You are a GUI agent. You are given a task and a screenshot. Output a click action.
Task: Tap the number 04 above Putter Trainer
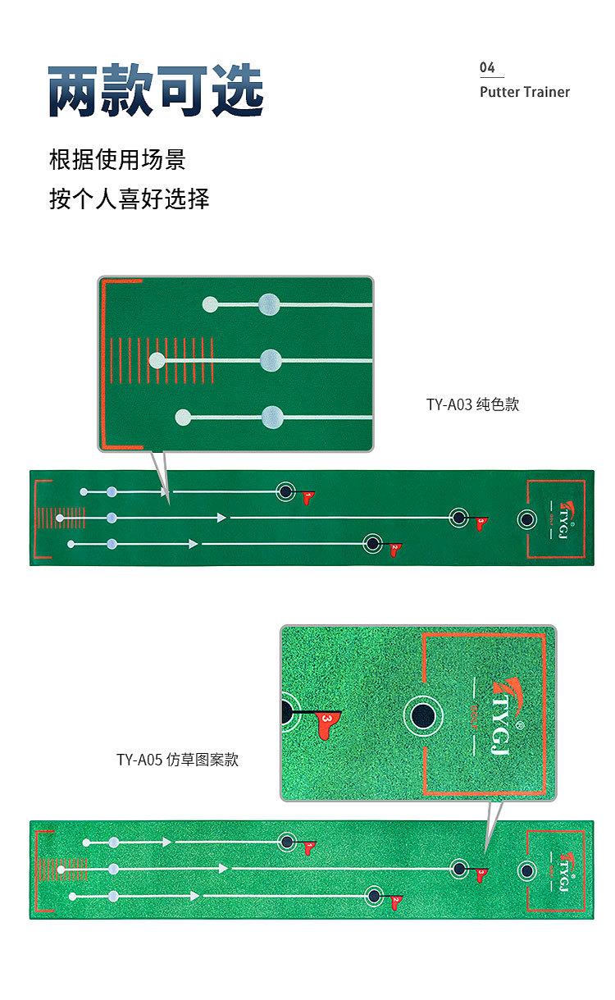click(x=487, y=67)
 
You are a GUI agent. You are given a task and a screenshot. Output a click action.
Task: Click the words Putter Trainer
click(x=524, y=92)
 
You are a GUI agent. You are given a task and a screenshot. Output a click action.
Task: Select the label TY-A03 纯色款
click(x=472, y=404)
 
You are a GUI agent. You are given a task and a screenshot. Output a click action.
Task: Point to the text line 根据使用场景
click(x=117, y=159)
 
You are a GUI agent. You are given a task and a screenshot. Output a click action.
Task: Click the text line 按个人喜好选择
click(x=130, y=199)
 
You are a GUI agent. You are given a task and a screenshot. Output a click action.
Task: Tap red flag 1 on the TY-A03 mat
click(x=307, y=497)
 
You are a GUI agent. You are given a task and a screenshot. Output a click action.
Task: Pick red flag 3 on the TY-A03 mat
click(x=480, y=522)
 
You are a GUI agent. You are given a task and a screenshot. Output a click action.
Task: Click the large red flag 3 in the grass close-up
click(x=326, y=722)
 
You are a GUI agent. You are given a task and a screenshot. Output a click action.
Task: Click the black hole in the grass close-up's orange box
click(x=423, y=714)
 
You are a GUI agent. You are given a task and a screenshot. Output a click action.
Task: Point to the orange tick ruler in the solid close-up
click(x=162, y=361)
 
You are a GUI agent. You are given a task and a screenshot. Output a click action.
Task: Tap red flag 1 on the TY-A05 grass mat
click(x=309, y=847)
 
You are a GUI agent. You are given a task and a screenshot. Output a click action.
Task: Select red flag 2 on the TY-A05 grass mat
click(x=395, y=902)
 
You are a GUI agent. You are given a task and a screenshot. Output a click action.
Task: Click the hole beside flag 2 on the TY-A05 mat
click(x=375, y=896)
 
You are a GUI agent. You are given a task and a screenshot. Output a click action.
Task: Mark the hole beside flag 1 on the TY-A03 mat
click(x=285, y=491)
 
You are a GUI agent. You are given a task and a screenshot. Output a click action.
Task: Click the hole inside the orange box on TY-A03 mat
click(x=526, y=518)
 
